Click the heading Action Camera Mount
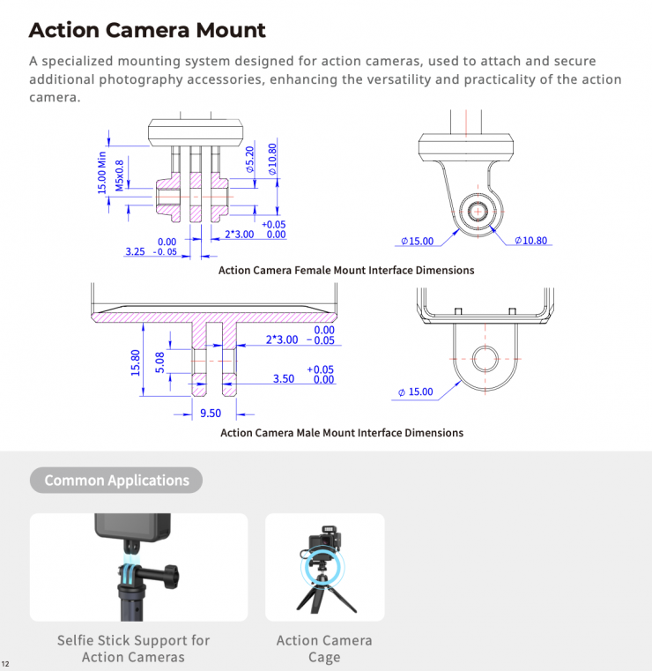pos(147,30)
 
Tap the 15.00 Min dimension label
pos(101,173)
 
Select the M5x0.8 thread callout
pos(119,175)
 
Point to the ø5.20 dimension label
pos(249,160)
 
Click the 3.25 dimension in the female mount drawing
pos(135,251)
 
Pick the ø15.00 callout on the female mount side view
pos(418,241)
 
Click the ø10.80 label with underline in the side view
pos(531,241)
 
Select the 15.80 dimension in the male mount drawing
pos(136,363)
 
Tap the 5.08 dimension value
pos(159,362)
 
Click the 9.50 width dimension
pos(211,413)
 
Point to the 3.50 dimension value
pos(284,379)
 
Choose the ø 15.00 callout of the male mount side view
pos(416,391)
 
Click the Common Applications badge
pos(116,481)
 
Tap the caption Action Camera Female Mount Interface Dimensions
pos(346,271)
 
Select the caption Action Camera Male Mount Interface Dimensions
pos(342,433)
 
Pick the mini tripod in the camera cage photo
pos(325,595)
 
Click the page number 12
pos(5,664)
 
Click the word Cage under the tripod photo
pos(324,657)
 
